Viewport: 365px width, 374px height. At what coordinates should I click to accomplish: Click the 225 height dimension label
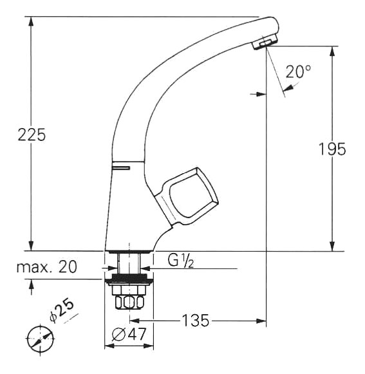pyautogui.click(x=32, y=135)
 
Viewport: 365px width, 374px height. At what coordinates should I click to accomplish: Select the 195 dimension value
pyautogui.click(x=332, y=149)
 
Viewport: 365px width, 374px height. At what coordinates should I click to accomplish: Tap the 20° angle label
pyautogui.click(x=298, y=71)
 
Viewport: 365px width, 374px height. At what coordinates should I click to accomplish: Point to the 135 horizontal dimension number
pyautogui.click(x=196, y=321)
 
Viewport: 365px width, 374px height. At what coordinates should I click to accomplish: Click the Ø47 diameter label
pyautogui.click(x=129, y=334)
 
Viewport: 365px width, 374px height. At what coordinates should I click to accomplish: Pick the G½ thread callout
pyautogui.click(x=181, y=261)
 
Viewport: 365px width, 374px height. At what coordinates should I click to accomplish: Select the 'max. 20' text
pyautogui.click(x=47, y=266)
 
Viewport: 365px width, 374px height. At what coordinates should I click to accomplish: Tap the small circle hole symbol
pyautogui.click(x=41, y=339)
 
